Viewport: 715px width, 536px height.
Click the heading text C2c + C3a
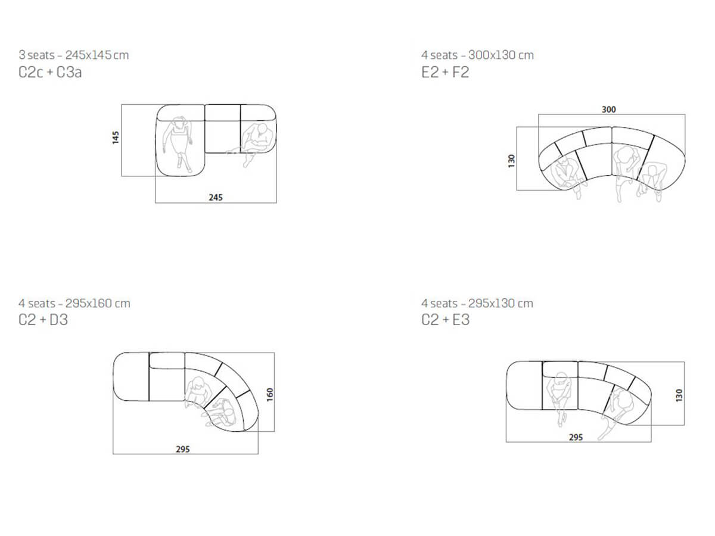point(50,72)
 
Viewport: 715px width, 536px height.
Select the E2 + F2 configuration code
point(445,72)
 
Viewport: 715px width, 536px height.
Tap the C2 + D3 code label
point(43,320)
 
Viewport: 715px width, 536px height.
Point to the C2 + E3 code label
point(445,320)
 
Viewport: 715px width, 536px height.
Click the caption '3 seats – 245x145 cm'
point(74,55)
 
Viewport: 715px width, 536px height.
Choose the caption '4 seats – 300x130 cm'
point(477,55)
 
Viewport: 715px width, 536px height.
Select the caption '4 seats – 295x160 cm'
point(74,303)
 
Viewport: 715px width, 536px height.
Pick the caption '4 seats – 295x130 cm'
point(477,303)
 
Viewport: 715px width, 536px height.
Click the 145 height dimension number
point(116,138)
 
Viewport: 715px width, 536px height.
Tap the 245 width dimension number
point(216,198)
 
